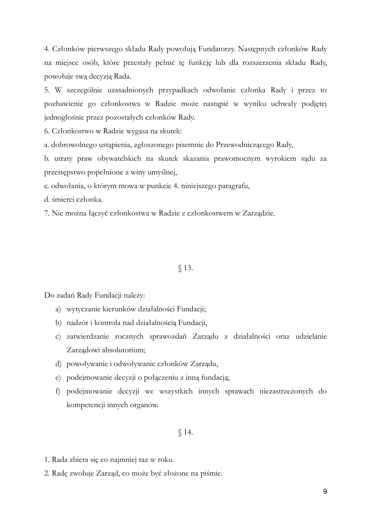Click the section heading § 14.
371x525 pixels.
pyautogui.click(x=185, y=432)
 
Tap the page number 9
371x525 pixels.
pyautogui.click(x=325, y=492)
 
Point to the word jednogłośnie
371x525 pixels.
pyautogui.click(x=61, y=118)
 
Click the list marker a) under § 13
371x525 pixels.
pyautogui.click(x=58, y=309)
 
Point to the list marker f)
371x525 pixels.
pyautogui.click(x=58, y=391)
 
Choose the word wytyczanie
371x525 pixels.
pyautogui.click(x=82, y=309)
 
